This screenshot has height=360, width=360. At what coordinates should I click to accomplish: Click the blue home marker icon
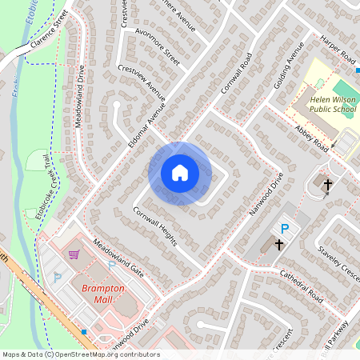click(x=180, y=173)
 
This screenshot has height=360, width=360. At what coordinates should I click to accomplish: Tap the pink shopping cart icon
click(x=74, y=255)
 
